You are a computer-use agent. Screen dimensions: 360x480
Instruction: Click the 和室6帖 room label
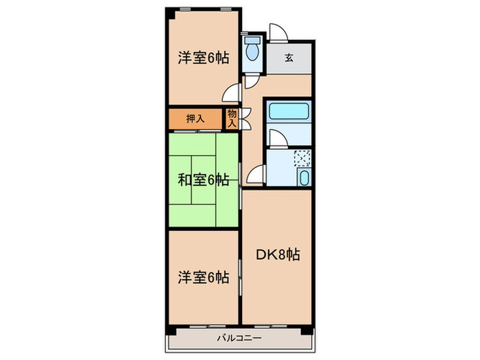(204, 180)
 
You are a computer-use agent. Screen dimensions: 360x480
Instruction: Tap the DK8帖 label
(278, 255)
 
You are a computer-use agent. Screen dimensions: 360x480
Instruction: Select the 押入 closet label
(195, 119)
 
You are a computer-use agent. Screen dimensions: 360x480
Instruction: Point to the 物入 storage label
(232, 119)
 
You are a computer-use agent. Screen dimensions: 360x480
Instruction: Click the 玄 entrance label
(289, 58)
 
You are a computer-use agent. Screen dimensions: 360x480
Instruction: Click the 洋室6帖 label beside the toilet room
(204, 58)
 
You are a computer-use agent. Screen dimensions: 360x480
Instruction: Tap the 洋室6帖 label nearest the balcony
(204, 278)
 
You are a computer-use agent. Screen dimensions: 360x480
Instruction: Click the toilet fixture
(253, 50)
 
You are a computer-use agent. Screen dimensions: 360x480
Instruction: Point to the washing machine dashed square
(302, 159)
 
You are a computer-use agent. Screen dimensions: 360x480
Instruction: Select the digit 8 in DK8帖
(282, 255)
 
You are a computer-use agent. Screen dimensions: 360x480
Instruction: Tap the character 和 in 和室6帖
(184, 180)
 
